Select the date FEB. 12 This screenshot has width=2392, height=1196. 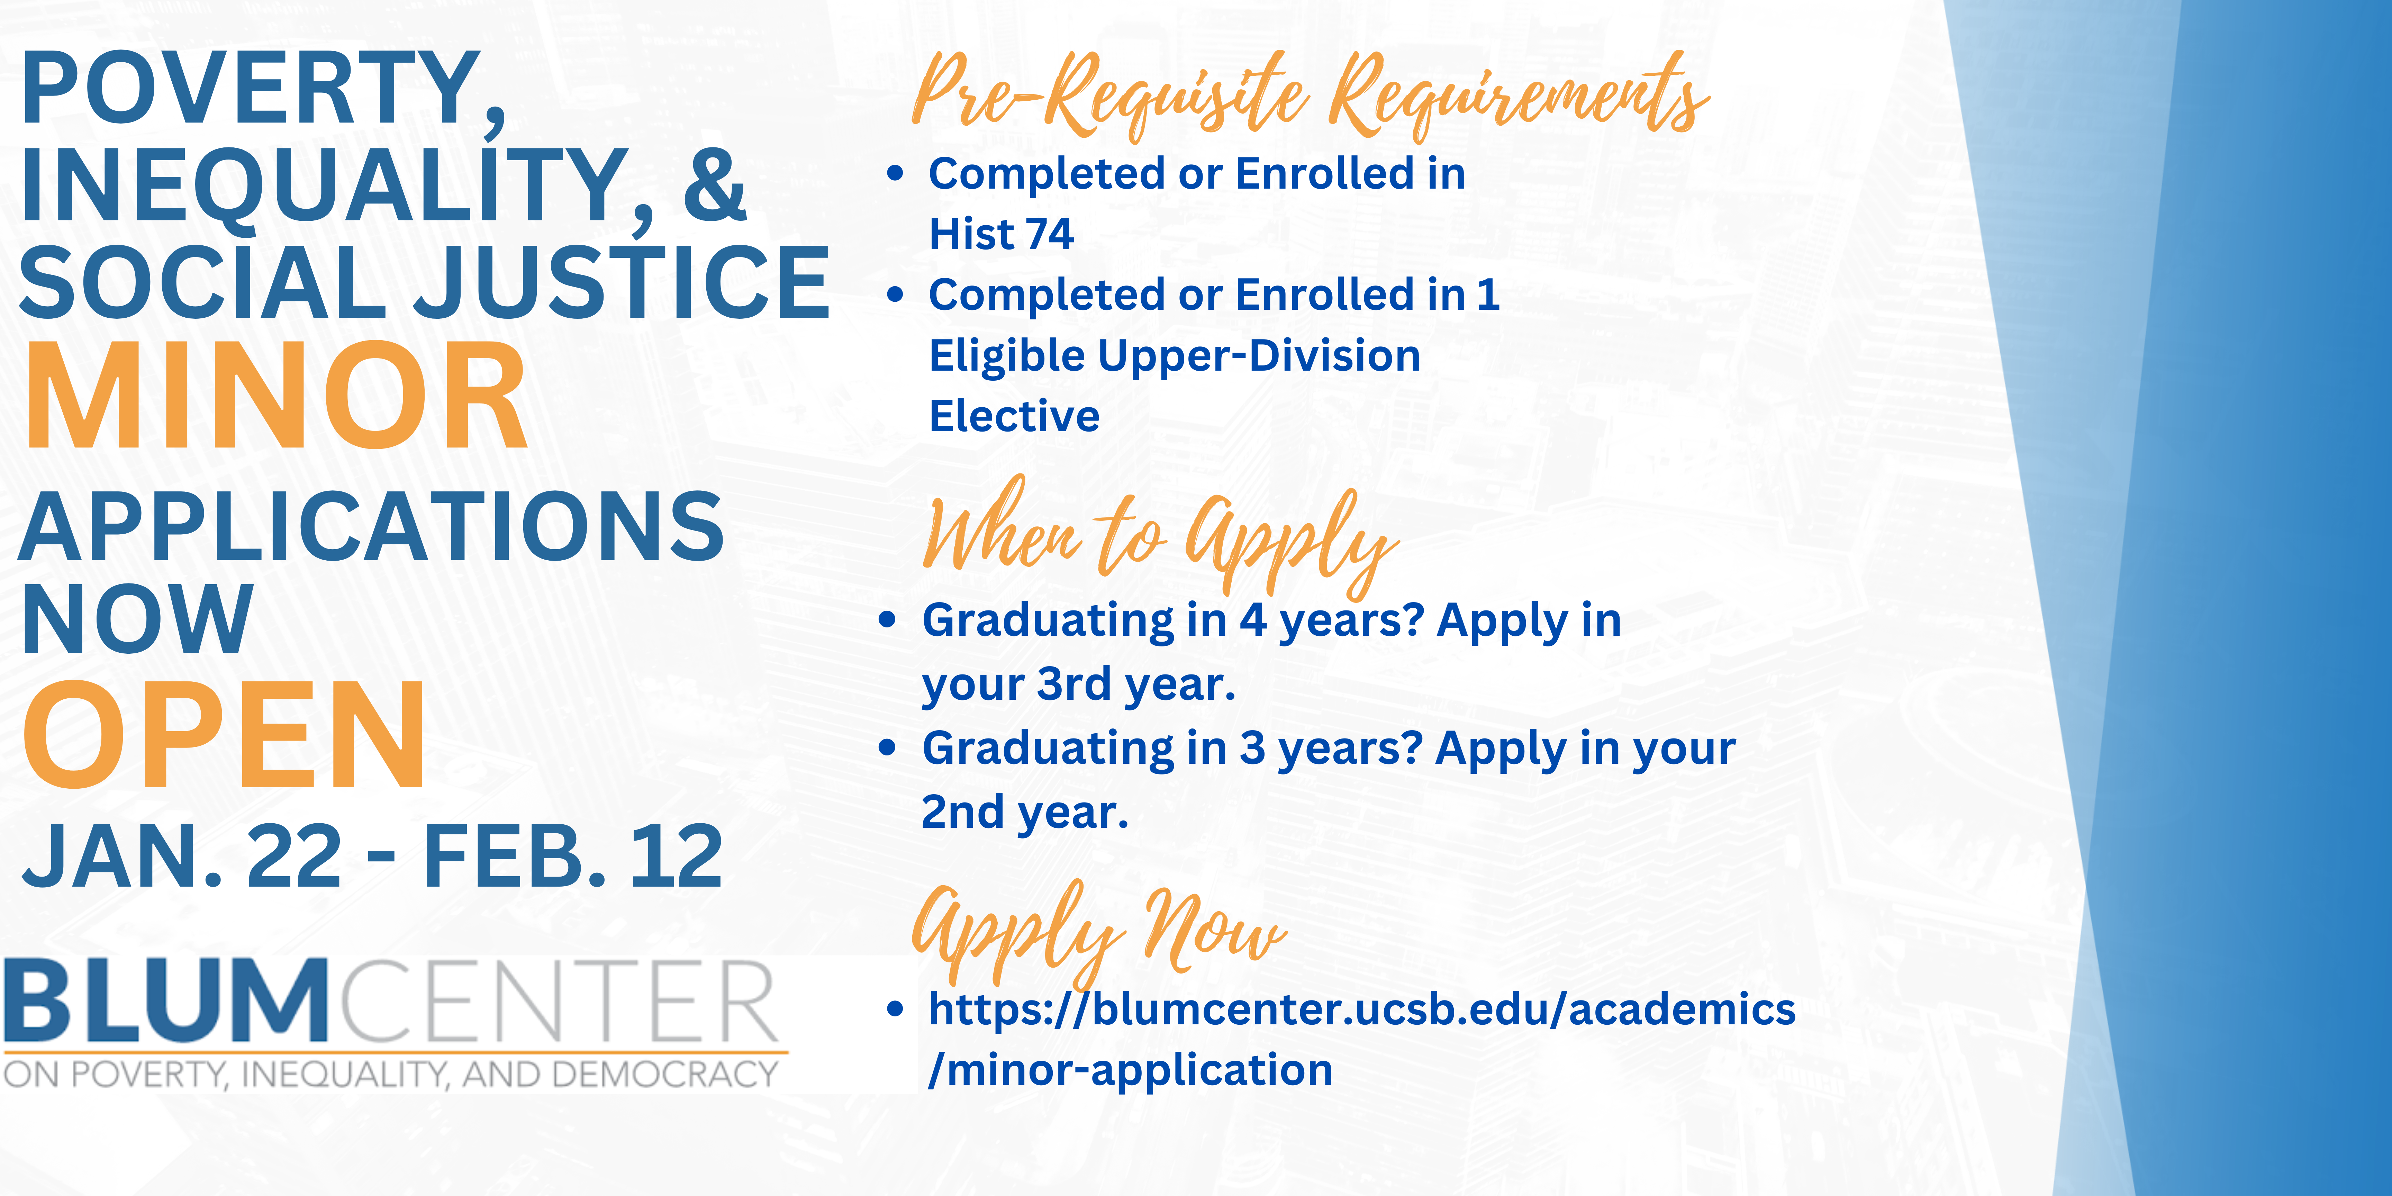pyautogui.click(x=573, y=856)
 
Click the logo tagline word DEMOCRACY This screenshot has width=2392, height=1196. pyautogui.click(x=665, y=1074)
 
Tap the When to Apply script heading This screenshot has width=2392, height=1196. pyautogui.click(x=1161, y=537)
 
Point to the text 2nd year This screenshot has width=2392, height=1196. pyautogui.click(x=1025, y=812)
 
